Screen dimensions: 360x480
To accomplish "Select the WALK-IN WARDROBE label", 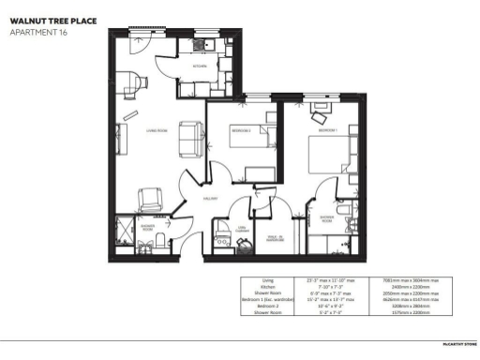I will click(x=277, y=238).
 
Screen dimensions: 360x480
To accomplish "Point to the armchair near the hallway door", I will click(x=150, y=200).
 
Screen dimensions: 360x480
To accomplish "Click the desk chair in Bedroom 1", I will click(x=322, y=120).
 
